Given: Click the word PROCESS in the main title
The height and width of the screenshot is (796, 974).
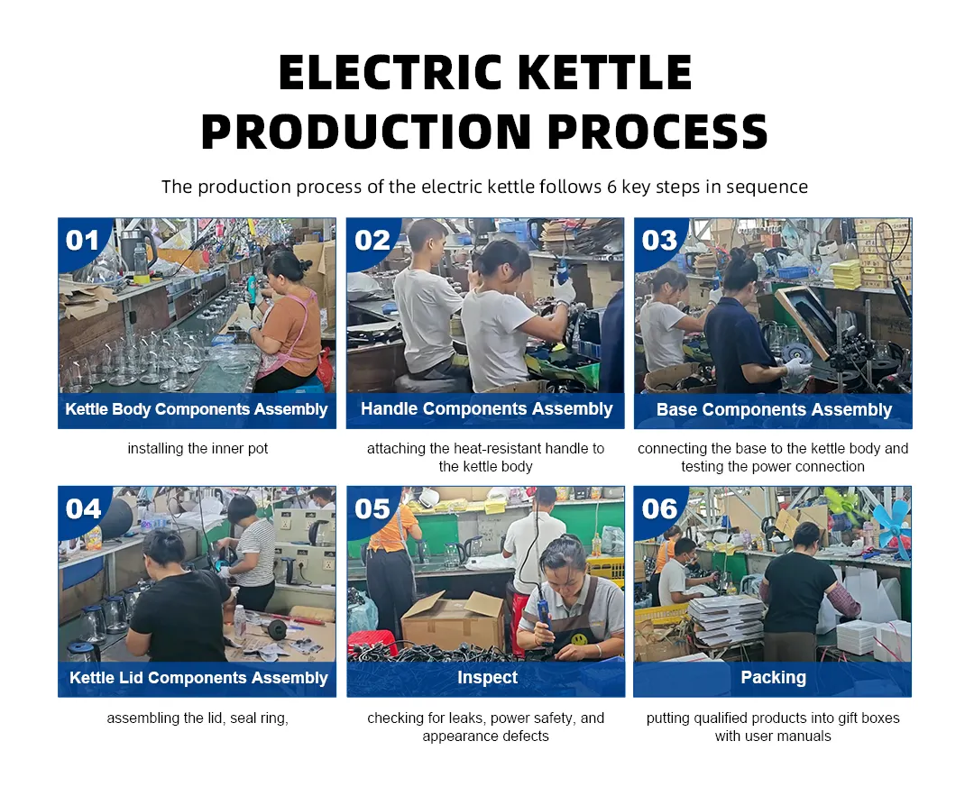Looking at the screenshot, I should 657,132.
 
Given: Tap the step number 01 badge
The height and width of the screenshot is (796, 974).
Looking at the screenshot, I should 82,241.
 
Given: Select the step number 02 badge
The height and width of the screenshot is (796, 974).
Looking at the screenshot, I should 372,241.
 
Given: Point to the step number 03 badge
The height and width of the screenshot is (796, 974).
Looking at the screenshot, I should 659,241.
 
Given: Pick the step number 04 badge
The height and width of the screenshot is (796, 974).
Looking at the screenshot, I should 83,509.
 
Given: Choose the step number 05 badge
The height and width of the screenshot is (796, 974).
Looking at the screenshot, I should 372,509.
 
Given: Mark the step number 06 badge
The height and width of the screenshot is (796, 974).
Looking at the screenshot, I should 659,509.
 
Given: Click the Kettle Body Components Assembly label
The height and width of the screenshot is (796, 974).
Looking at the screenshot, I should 197,409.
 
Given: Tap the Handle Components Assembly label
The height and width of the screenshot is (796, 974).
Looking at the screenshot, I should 486,409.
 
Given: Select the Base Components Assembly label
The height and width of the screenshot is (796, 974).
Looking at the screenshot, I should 774,410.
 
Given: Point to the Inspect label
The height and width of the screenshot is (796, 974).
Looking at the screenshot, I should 487,678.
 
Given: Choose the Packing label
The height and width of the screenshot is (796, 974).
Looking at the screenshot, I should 773,678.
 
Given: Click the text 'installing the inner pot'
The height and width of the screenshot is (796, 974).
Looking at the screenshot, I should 198,449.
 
